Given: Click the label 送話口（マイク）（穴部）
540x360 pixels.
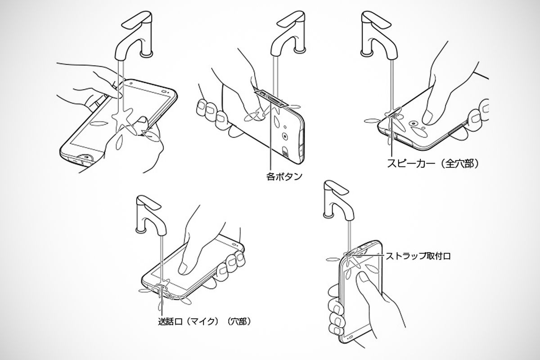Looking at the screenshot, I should (203, 321).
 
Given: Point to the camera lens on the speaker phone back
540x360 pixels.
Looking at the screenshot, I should (413, 122).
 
